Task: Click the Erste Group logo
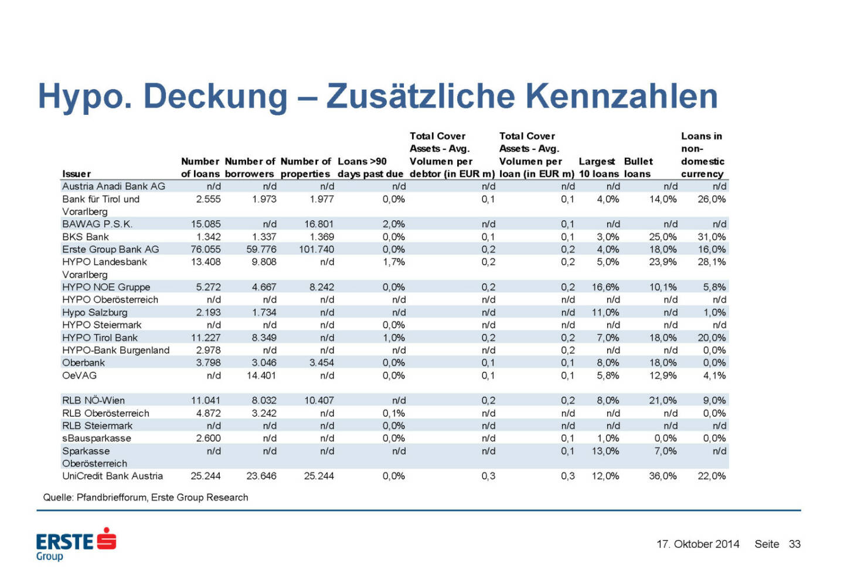76,544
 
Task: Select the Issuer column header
76,174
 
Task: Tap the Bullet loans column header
638,168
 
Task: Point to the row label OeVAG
79,375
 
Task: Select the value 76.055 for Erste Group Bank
206,250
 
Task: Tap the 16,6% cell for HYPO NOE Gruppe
605,287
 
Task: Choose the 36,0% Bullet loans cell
662,476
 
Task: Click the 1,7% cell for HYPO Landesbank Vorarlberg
393,262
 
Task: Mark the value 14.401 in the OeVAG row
261,375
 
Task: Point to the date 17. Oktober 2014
697,544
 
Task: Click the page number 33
794,544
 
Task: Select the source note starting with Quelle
145,497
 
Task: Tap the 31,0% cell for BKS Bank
712,237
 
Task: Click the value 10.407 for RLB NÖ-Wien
318,401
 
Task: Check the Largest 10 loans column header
598,168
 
